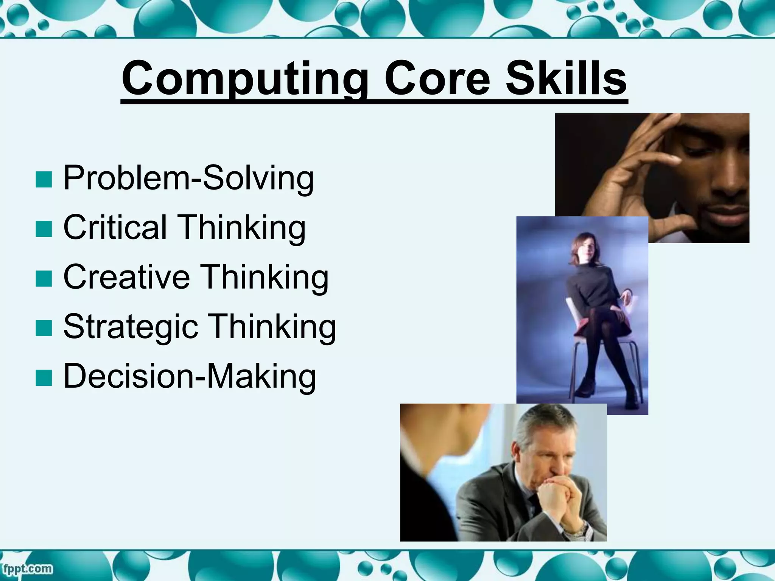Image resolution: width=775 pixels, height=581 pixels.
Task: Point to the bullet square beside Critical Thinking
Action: (x=44, y=229)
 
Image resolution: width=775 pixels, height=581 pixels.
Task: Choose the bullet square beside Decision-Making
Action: (x=44, y=378)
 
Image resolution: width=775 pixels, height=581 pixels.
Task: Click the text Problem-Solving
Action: (x=188, y=178)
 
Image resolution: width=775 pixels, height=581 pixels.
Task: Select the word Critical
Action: (x=115, y=227)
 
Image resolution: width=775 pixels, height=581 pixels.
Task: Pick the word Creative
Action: (x=126, y=277)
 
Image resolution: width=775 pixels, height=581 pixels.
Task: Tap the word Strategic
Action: (x=131, y=326)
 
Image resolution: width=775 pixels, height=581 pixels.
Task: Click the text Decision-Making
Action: (x=189, y=376)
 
